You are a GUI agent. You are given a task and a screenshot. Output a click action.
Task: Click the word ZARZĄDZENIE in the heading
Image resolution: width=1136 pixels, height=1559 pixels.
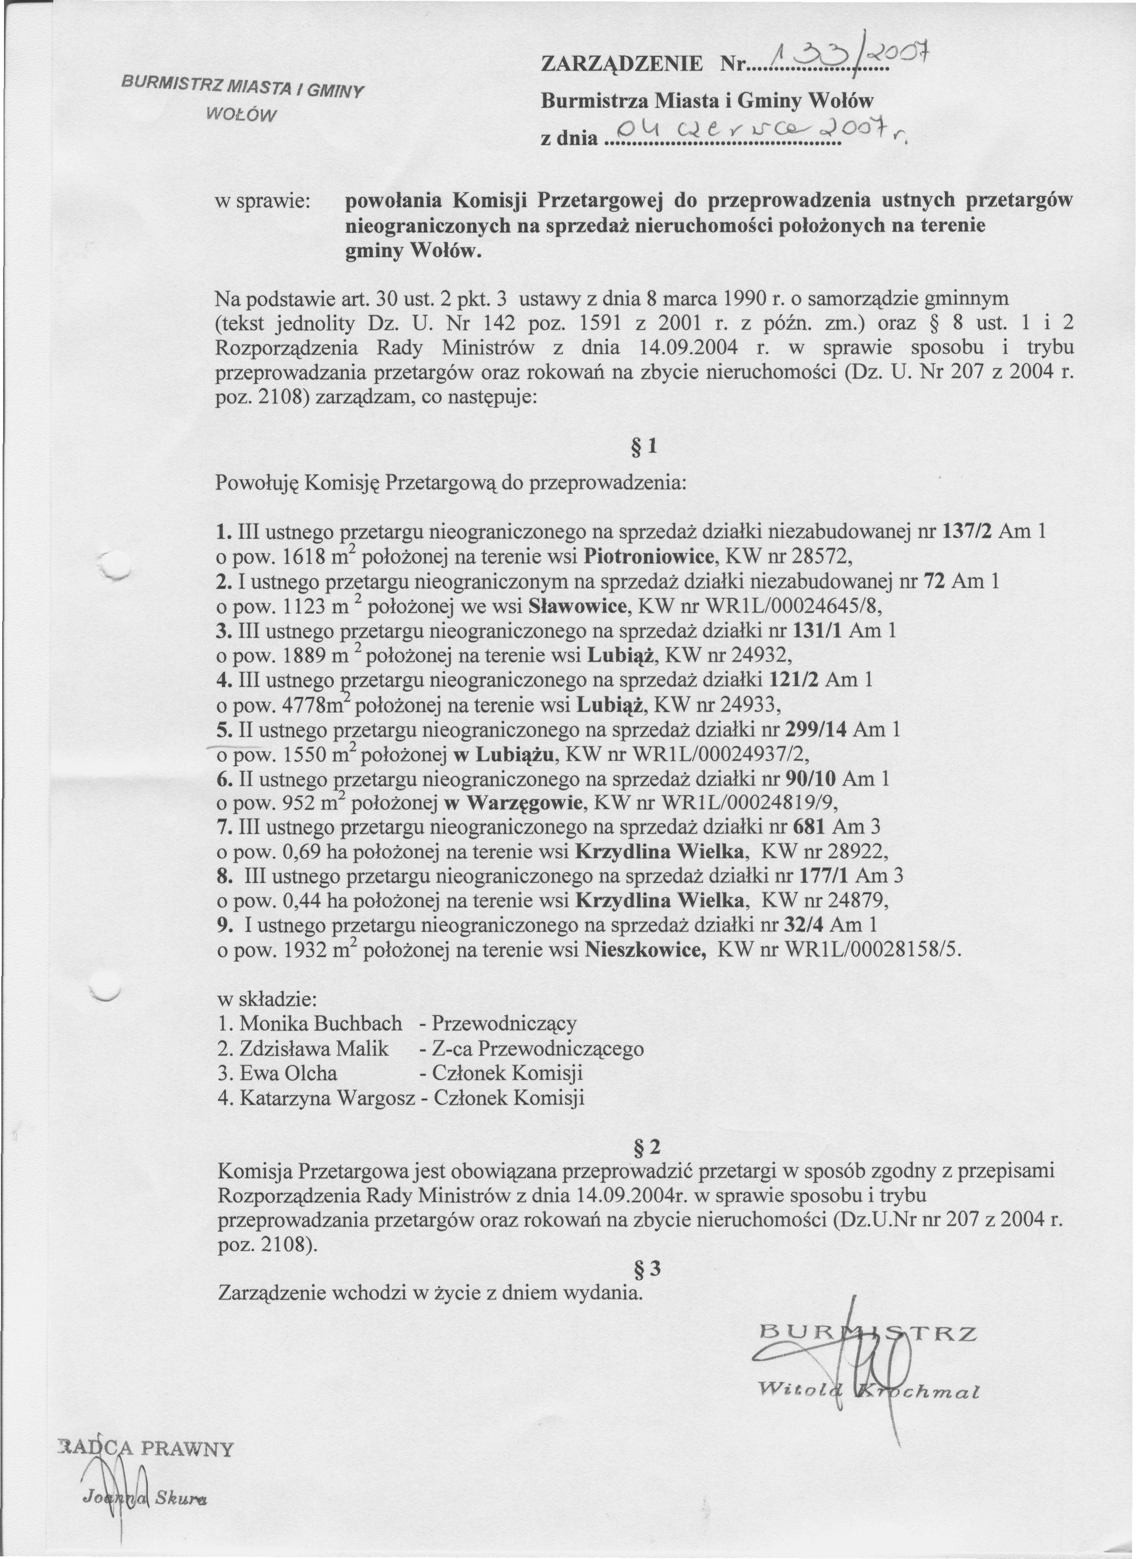pyautogui.click(x=622, y=65)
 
